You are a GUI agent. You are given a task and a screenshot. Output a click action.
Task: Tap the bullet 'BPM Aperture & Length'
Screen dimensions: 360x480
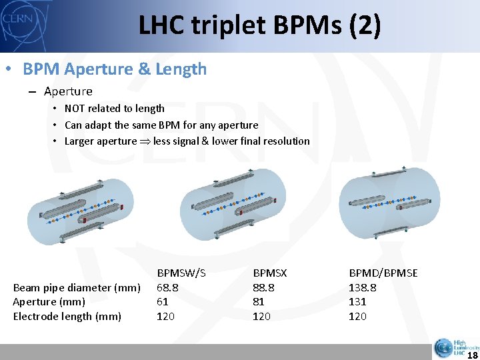click(x=114, y=69)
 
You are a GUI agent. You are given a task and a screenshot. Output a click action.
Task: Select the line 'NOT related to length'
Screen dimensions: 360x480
click(x=114, y=108)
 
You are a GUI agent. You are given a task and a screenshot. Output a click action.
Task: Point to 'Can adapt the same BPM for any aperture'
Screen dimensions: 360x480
click(x=161, y=125)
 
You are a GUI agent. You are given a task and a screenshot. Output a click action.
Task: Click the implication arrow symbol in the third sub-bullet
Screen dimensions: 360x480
click(x=145, y=141)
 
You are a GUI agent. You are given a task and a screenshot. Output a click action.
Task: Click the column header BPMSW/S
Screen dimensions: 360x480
click(x=181, y=273)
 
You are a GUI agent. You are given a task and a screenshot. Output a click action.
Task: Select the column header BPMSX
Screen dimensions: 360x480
click(x=269, y=273)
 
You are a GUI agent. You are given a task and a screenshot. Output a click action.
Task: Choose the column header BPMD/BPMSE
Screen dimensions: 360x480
click(x=383, y=273)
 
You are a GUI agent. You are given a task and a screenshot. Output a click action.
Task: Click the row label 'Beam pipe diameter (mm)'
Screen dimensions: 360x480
click(x=77, y=287)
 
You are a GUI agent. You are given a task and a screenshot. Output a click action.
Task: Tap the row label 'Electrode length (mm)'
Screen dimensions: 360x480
click(x=67, y=316)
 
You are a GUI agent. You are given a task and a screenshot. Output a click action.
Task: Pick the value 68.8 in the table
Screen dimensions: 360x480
click(x=167, y=287)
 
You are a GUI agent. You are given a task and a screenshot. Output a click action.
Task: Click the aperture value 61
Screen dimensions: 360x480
click(x=162, y=301)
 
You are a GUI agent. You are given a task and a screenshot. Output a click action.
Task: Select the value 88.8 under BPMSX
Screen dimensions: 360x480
click(x=263, y=287)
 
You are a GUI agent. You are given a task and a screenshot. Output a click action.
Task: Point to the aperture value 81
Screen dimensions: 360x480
click(x=259, y=301)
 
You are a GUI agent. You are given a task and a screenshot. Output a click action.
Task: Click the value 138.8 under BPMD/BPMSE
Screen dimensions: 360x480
click(x=362, y=287)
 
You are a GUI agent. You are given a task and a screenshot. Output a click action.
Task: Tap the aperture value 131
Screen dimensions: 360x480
click(x=357, y=301)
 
